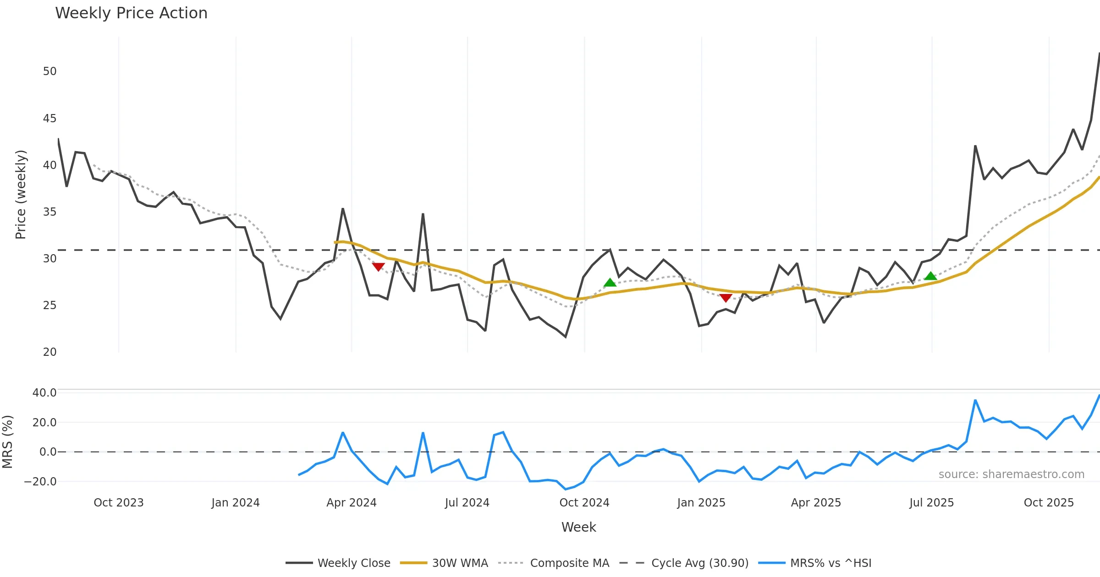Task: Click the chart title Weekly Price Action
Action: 131,13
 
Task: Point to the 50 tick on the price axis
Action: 49,71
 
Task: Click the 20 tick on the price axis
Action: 49,352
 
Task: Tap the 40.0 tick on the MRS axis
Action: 44,393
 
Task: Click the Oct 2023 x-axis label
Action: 119,503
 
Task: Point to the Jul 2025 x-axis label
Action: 931,503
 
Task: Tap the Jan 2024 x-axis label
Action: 236,503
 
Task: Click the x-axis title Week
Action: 578,528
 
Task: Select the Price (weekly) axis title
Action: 21,195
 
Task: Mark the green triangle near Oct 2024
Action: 610,283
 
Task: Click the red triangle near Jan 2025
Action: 726,298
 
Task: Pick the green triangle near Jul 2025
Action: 930,276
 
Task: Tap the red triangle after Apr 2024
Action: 378,267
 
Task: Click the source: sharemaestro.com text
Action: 1011,474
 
